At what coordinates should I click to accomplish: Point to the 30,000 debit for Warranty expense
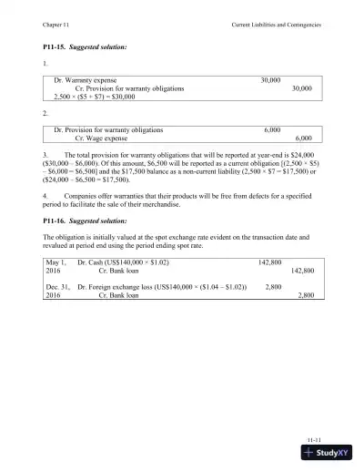[x=269, y=80]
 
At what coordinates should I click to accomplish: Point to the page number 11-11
[x=313, y=437]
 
